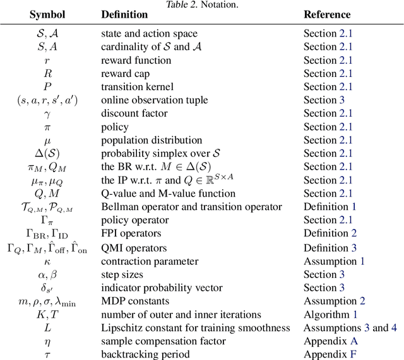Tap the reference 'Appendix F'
(331, 354)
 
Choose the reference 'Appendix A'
(331, 341)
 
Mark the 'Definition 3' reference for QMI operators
(330, 248)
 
